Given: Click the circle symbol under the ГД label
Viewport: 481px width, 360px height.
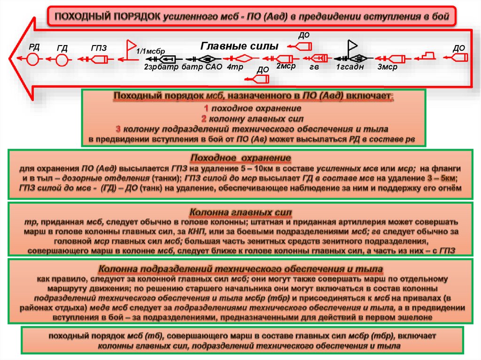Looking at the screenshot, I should click(62, 60).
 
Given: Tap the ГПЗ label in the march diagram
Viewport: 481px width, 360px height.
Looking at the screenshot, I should click(99, 47).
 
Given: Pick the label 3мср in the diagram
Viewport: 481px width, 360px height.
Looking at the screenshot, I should click(387, 67).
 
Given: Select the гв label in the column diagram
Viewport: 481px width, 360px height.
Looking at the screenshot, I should click(314, 67).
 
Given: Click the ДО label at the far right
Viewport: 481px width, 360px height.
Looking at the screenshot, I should click(458, 48).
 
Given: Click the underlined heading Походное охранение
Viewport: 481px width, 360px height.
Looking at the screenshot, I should click(240, 158).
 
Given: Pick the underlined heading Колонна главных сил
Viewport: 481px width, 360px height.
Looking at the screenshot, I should click(240, 212).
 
